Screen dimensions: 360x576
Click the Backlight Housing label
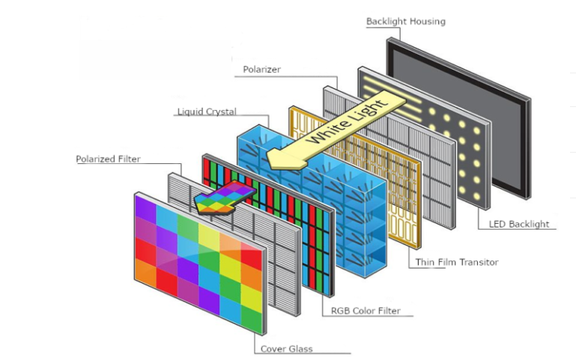tap(405, 21)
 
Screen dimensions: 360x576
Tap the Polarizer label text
tap(261, 70)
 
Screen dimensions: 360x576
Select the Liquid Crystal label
tap(207, 112)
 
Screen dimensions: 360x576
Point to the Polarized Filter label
tap(108, 159)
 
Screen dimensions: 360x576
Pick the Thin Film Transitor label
tap(456, 262)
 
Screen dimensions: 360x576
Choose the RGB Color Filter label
tap(366, 310)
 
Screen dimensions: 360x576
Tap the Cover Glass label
tap(286, 349)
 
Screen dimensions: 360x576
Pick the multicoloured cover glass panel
tap(198, 262)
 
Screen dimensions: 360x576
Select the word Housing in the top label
tap(427, 21)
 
